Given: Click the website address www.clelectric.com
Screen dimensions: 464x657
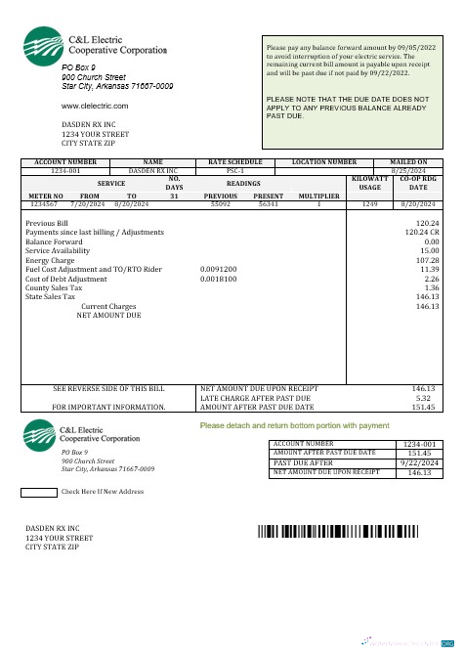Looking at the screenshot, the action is click(95, 105).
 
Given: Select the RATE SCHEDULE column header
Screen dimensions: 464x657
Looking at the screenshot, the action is click(235, 161).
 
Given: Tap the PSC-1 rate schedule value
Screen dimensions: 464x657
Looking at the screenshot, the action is click(235, 170).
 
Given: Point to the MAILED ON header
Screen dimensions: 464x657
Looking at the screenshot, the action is click(408, 161).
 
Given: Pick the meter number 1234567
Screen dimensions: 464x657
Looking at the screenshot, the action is click(43, 203).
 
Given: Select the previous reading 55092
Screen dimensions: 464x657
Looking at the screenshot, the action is click(221, 203).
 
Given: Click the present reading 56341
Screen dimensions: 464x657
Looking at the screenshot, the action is click(269, 203).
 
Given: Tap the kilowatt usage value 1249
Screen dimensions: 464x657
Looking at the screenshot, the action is click(369, 203).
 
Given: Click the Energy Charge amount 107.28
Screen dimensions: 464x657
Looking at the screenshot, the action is click(427, 260).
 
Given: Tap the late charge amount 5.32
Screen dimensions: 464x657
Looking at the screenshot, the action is click(424, 398).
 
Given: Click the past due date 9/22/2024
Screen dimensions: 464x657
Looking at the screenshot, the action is click(416, 462).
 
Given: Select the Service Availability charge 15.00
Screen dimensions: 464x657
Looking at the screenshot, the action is click(429, 250).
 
